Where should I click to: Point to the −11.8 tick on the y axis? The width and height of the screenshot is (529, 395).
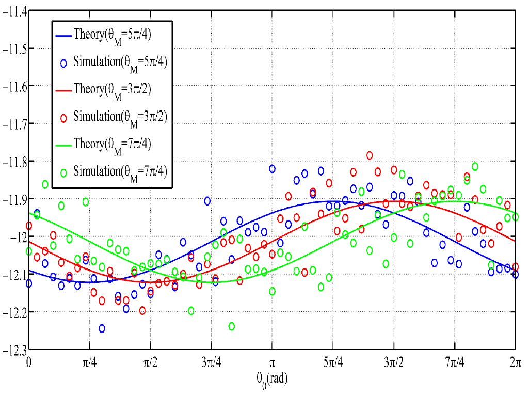click(x=15, y=161)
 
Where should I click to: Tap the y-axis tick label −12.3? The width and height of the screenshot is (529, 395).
click(x=15, y=350)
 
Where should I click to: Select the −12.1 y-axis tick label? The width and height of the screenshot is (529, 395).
click(x=15, y=274)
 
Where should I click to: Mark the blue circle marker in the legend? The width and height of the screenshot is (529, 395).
click(x=64, y=64)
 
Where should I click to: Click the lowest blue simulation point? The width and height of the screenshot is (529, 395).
click(x=102, y=328)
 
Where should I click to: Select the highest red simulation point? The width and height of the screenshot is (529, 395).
click(x=370, y=155)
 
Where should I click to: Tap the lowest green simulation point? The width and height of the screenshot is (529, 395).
click(x=232, y=326)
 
